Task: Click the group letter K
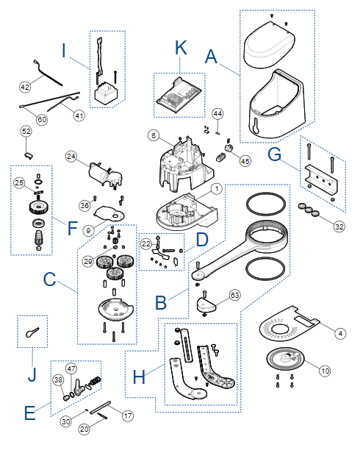click(x=181, y=48)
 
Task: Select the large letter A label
click(x=212, y=57)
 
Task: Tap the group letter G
click(x=274, y=154)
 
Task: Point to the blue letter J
click(x=32, y=374)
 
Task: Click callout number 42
click(x=25, y=87)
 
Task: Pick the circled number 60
click(x=42, y=119)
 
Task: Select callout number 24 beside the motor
click(x=71, y=156)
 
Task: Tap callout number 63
click(x=235, y=295)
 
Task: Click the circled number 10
click(x=325, y=371)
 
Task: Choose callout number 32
click(x=339, y=227)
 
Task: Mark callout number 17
click(x=128, y=416)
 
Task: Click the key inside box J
click(x=32, y=332)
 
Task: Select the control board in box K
click(x=179, y=96)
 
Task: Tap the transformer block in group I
click(x=106, y=93)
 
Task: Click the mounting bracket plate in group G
click(x=321, y=178)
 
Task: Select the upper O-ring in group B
click(x=266, y=204)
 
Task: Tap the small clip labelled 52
click(x=28, y=155)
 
